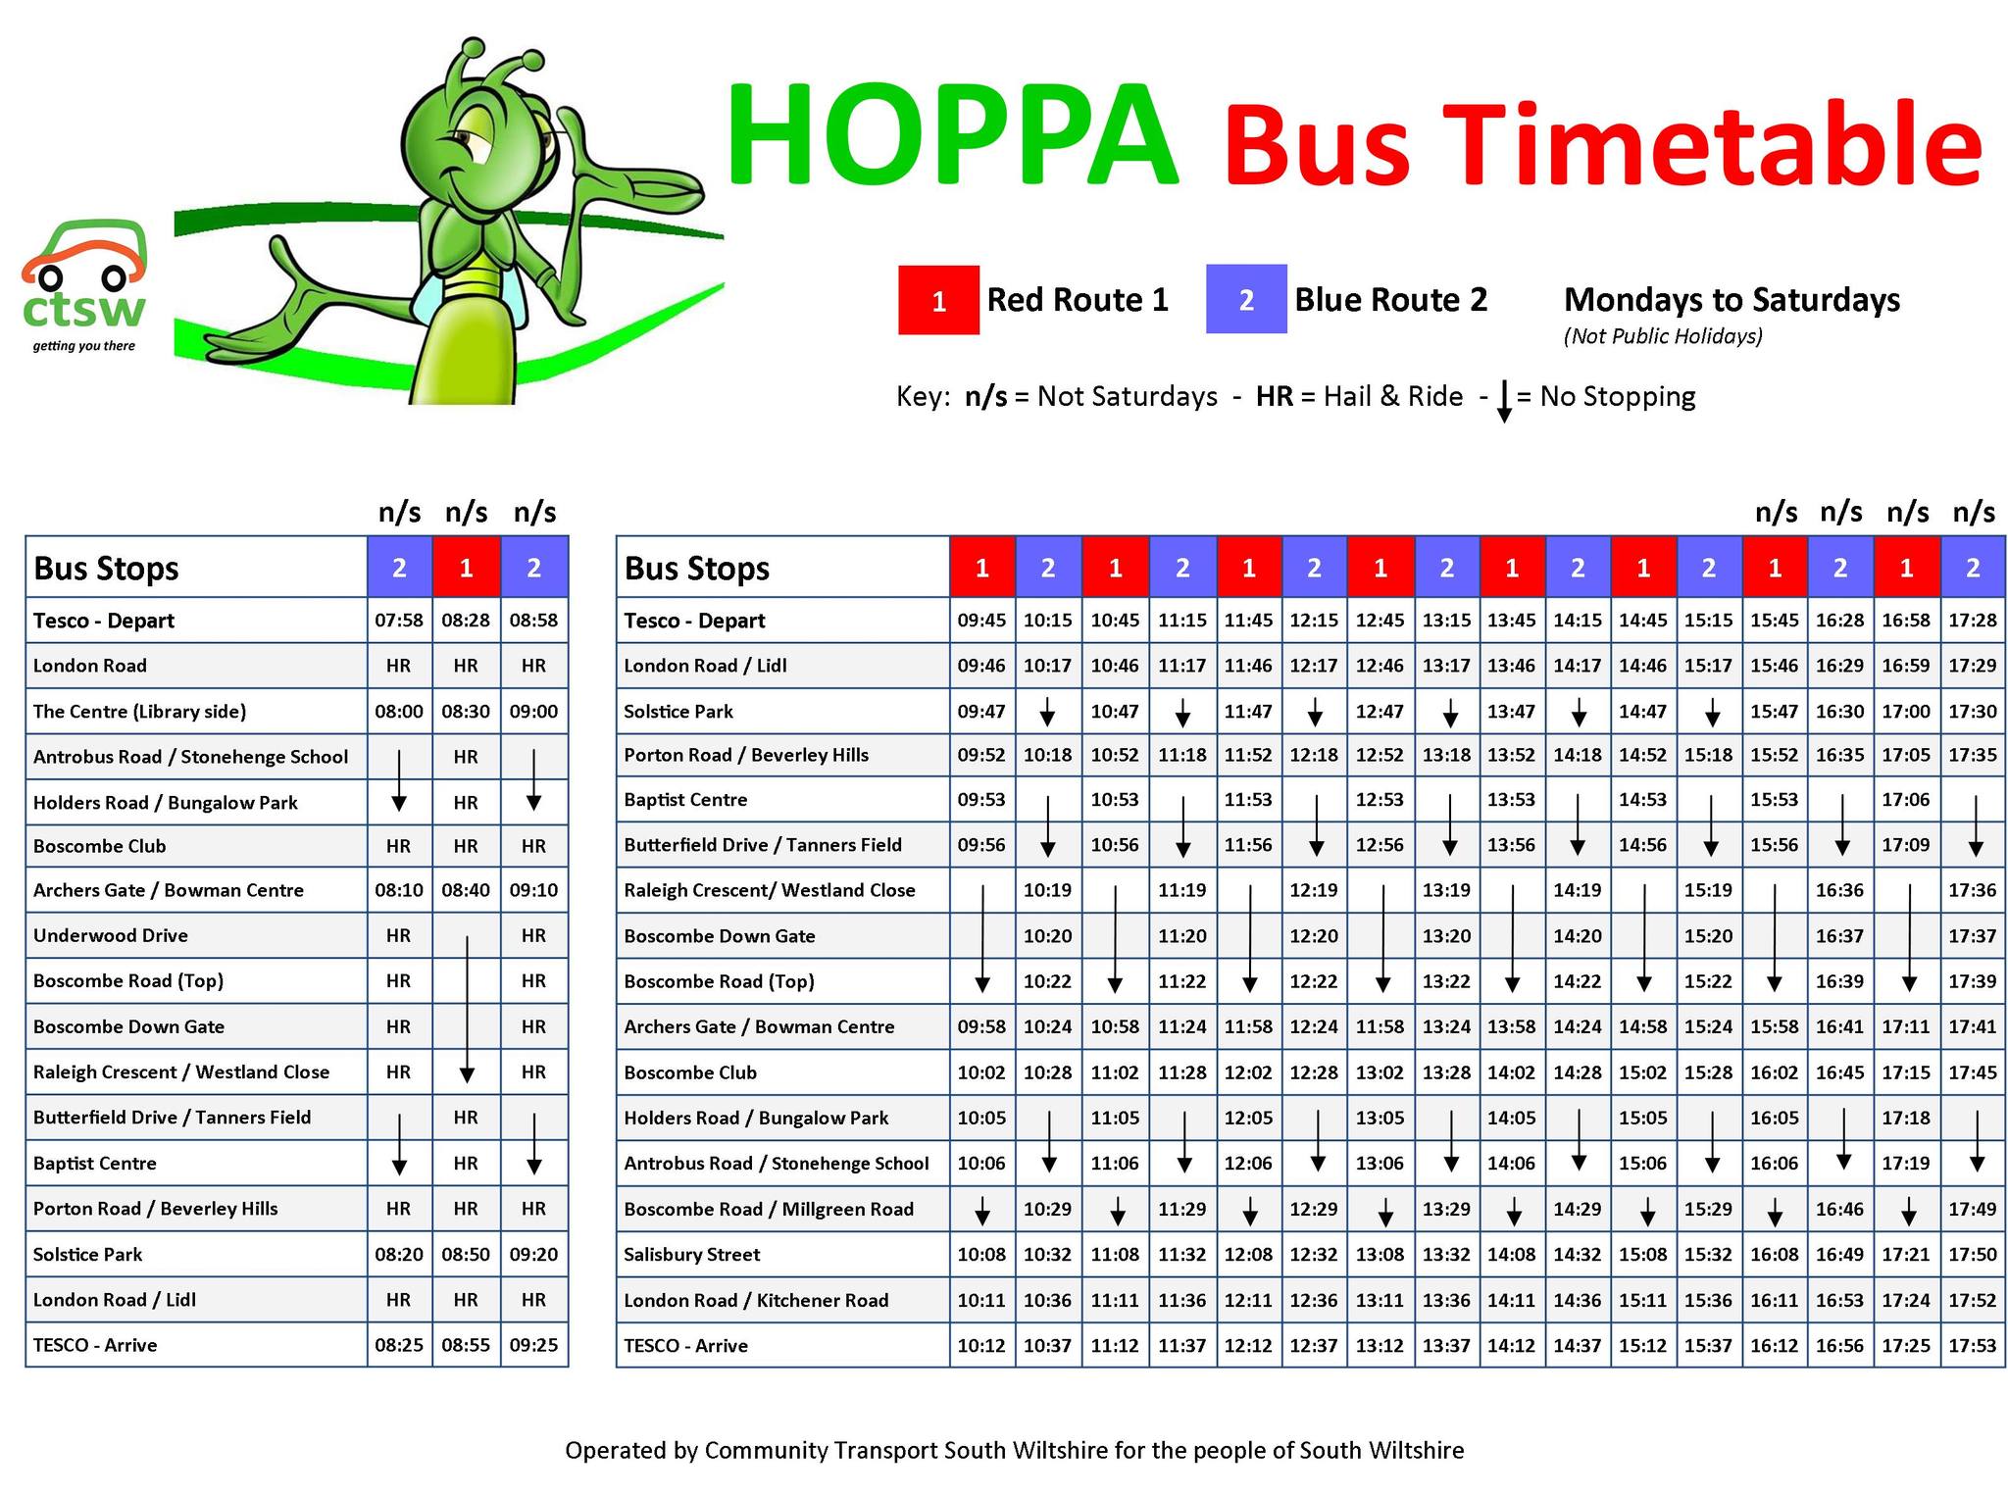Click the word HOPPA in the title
point(951,136)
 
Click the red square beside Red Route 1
point(938,300)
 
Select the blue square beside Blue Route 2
point(1245,300)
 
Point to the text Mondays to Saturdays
point(1732,300)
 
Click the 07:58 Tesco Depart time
point(398,621)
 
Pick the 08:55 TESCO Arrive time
point(466,1345)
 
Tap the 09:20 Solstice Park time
point(533,1254)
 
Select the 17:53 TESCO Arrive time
point(1972,1345)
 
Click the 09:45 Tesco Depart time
point(981,621)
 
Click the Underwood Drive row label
point(111,935)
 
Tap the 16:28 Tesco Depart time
point(1839,621)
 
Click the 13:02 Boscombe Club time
point(1380,1072)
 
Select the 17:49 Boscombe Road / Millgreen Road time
point(1972,1209)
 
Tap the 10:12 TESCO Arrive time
point(981,1345)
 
